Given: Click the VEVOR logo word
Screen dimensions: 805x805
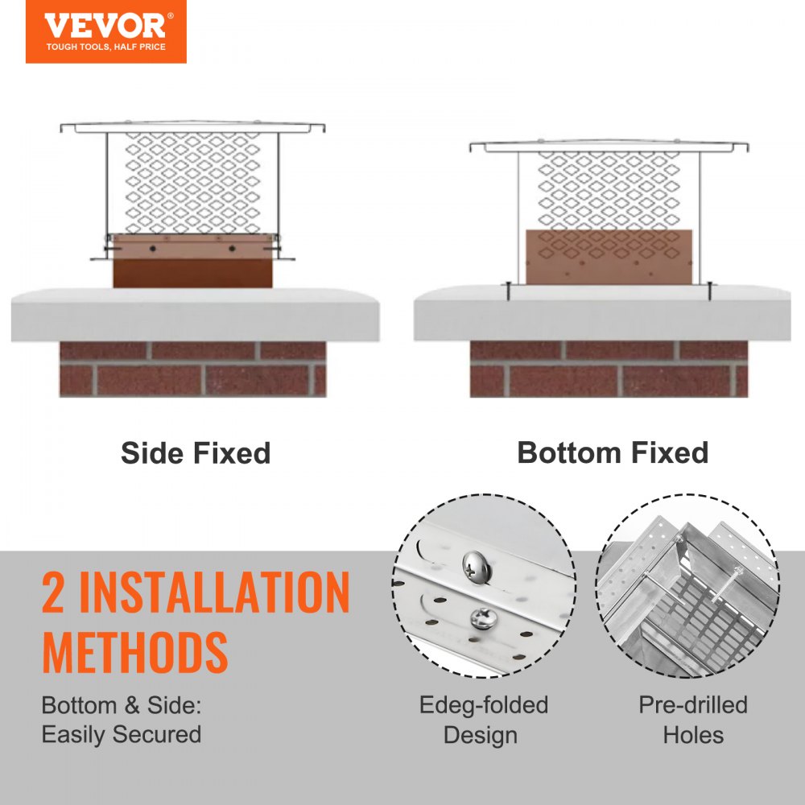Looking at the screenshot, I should tap(105, 25).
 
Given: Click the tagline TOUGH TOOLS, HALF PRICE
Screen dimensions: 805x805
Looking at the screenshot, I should tap(105, 47).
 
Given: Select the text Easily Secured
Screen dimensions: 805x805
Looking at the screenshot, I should tap(122, 734).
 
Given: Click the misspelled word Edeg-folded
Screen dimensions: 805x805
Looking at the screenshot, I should tap(483, 705).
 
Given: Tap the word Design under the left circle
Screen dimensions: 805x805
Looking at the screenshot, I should tap(480, 735).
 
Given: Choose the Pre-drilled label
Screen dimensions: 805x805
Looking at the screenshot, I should tap(693, 705).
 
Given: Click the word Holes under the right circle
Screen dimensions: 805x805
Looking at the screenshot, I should tap(693, 735).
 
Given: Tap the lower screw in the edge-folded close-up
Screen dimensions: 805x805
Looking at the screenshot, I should tap(483, 617).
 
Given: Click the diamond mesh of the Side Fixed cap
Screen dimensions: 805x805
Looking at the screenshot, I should tap(193, 181).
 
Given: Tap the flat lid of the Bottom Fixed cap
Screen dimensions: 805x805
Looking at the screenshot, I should tap(609, 147).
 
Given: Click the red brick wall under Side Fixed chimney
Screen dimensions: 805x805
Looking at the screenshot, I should tap(193, 369).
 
